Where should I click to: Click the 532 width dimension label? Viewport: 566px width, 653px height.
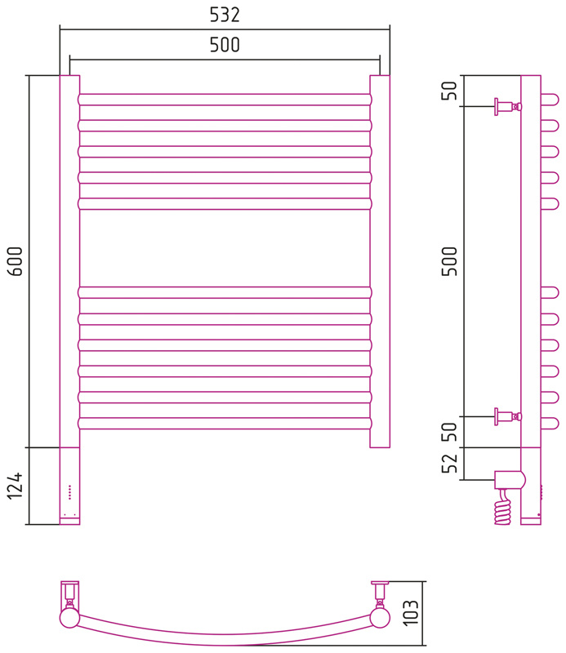point(225,15)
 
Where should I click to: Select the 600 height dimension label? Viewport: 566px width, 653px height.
point(16,261)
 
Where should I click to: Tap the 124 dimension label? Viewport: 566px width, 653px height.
point(15,486)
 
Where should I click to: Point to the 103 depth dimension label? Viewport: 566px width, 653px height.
point(411,613)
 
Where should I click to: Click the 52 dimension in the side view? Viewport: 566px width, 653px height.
point(449,463)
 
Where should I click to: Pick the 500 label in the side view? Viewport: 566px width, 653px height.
point(449,261)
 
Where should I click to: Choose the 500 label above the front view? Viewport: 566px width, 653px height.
point(225,45)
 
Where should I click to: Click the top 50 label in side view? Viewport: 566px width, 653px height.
point(449,91)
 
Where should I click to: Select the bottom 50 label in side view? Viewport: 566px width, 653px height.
point(449,432)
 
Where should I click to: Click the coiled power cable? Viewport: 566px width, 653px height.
point(503,508)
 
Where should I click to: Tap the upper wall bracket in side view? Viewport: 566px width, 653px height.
point(508,107)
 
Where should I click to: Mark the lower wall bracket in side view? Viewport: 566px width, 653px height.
point(508,416)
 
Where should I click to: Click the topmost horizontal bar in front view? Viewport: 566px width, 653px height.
point(225,100)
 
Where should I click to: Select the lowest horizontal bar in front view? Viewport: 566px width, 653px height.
point(225,424)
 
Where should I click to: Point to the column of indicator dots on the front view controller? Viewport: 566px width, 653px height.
point(69,492)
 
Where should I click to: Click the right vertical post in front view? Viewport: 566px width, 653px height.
point(380,261)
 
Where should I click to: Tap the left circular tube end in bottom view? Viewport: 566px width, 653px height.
point(69,618)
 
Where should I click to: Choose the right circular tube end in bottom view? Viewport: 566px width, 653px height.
point(380,618)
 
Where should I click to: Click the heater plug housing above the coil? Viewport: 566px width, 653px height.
point(510,480)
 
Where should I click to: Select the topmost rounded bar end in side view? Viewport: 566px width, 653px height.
point(550,100)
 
